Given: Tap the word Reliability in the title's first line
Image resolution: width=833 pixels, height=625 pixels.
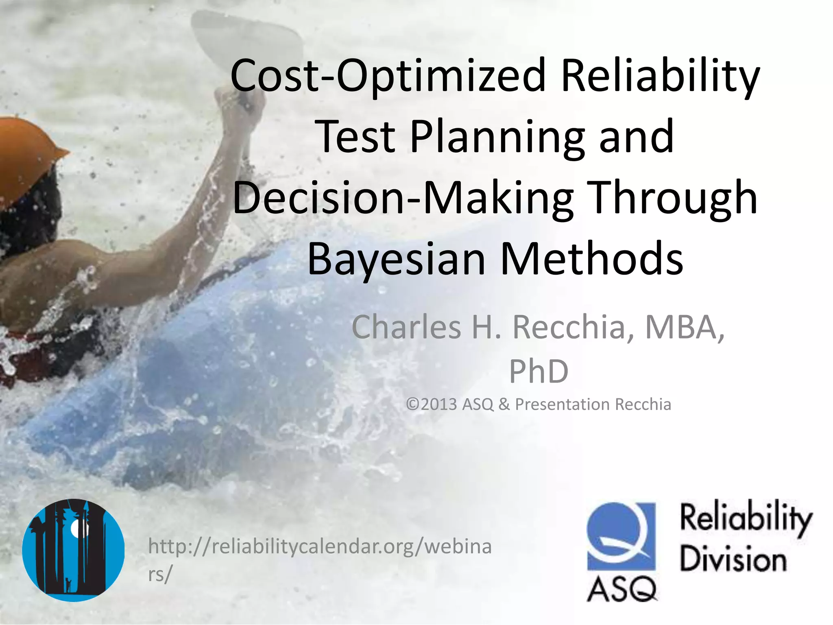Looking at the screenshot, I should pos(660,76).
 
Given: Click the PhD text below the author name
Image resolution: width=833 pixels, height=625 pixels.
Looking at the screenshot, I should pos(539,371).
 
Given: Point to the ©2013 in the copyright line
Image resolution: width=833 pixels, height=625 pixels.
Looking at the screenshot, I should pos(432,404).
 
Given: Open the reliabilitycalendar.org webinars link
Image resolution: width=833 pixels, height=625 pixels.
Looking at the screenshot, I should pos(320,547).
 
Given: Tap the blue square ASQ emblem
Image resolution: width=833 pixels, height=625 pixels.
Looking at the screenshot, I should pos(621,536).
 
